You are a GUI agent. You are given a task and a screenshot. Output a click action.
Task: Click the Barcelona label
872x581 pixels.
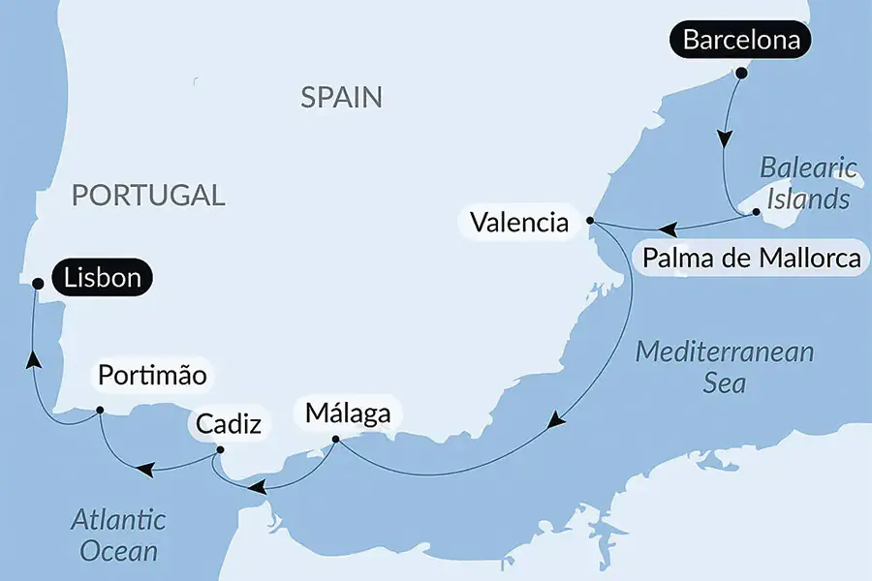click(741, 41)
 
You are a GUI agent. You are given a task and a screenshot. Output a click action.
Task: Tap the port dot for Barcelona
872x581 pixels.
click(741, 73)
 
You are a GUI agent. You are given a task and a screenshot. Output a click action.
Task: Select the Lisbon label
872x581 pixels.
click(103, 280)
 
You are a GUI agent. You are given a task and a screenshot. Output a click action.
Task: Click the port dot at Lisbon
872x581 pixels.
click(38, 284)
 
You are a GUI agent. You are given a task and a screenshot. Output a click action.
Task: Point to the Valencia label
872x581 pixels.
click(518, 223)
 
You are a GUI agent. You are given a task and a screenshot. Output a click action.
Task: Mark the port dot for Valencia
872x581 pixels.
click(590, 222)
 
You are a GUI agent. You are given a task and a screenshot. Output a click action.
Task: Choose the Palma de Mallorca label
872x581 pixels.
click(751, 259)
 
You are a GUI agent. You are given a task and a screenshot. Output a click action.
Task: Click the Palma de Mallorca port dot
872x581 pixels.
click(757, 211)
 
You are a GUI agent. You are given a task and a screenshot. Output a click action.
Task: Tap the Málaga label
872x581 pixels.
click(348, 413)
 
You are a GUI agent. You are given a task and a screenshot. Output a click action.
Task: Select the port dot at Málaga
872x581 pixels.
click(335, 441)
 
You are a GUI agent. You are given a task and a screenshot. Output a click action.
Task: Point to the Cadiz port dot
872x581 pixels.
click(220, 449)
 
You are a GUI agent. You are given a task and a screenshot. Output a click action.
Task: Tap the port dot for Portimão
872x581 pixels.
click(100, 411)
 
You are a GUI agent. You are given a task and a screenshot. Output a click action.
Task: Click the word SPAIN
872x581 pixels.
click(341, 97)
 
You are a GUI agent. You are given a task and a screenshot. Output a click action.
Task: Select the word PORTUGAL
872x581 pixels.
click(148, 195)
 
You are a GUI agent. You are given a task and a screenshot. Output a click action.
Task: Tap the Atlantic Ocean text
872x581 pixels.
click(118, 535)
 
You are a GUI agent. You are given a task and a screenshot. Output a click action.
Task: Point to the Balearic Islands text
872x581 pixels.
click(809, 183)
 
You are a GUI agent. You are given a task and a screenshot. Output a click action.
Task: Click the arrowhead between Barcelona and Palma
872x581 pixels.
click(724, 138)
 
